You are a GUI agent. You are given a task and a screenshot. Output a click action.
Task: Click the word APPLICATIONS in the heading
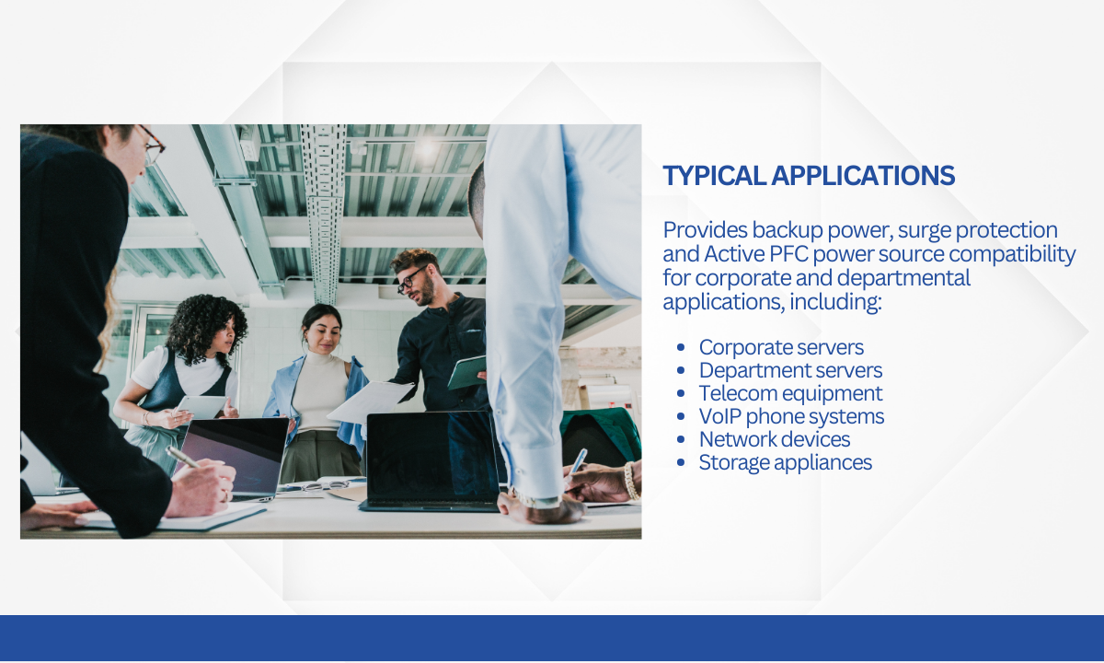[x=863, y=176]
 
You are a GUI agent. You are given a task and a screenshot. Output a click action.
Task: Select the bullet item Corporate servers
[x=781, y=347]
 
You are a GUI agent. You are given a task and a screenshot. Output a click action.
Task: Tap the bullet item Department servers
[x=790, y=370]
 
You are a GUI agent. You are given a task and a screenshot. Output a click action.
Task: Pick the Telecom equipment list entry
[x=790, y=394]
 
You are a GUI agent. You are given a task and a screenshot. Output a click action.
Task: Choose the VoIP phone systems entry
[x=791, y=416]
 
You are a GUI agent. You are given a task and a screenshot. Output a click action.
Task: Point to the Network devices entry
[x=775, y=439]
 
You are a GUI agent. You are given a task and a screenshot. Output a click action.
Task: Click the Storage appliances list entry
[x=786, y=462]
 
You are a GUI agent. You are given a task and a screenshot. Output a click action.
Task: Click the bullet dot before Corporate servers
[x=681, y=348]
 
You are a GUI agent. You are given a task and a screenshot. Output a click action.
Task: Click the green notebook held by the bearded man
[x=466, y=372]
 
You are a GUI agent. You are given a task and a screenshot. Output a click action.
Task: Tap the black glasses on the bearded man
[x=410, y=280]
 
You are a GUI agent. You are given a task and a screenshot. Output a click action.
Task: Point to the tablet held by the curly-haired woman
[x=202, y=407]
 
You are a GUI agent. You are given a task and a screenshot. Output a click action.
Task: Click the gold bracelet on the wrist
[x=629, y=481]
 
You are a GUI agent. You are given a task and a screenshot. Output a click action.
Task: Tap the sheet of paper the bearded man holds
[x=371, y=401]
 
